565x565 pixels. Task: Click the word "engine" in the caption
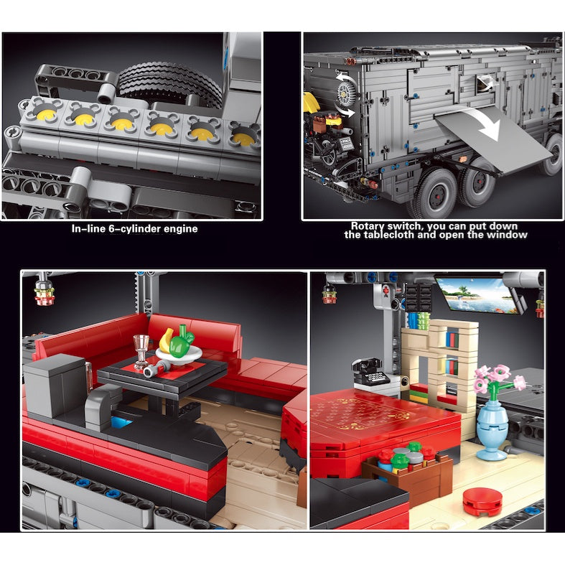point(180,230)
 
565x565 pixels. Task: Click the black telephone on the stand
point(369,370)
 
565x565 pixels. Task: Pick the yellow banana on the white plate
point(166,340)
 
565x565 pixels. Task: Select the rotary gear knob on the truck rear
point(347,93)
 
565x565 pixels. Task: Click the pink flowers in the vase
point(498,379)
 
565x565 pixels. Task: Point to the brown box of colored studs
point(408,473)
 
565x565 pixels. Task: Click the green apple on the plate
point(182,345)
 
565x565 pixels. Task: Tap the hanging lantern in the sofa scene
point(45,290)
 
